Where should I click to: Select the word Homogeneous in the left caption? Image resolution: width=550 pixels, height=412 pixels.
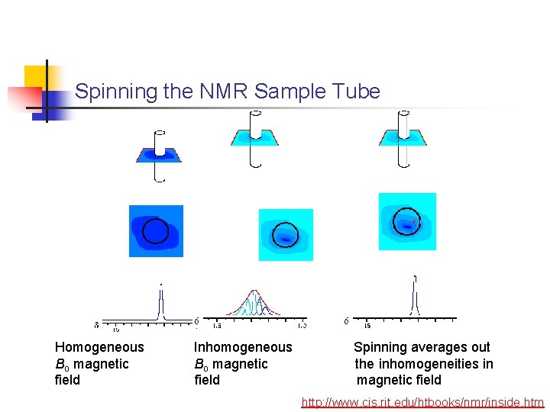[99, 347]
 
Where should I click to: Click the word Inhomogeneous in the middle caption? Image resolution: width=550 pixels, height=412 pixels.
[243, 347]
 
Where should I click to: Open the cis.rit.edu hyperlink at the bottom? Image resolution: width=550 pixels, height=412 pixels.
[422, 402]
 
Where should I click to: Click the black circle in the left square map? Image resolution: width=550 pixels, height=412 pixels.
[155, 230]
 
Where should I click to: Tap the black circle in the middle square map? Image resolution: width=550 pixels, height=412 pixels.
[286, 233]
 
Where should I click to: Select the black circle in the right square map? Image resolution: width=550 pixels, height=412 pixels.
[406, 221]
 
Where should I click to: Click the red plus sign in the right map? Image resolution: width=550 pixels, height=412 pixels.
[414, 222]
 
